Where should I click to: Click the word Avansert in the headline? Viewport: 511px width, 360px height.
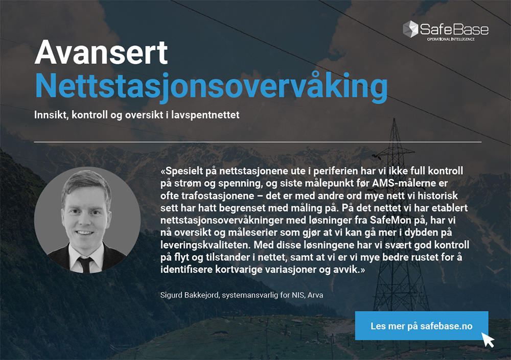pyautogui.click(x=101, y=53)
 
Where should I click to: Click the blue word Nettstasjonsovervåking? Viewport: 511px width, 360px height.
pyautogui.click(x=211, y=86)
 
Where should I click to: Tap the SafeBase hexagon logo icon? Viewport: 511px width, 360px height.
pyautogui.click(x=410, y=29)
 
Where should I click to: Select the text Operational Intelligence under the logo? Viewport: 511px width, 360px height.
pyautogui.click(x=451, y=39)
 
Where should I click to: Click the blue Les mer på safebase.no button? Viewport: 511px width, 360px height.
pyautogui.click(x=422, y=325)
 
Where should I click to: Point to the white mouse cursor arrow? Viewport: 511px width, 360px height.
pyautogui.click(x=488, y=340)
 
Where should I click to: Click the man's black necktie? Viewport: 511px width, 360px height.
pyautogui.click(x=86, y=264)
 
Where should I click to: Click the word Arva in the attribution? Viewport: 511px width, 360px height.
pyautogui.click(x=315, y=295)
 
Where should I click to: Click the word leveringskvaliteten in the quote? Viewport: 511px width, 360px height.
pyautogui.click(x=205, y=245)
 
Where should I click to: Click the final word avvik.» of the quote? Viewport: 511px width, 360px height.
pyautogui.click(x=350, y=270)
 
